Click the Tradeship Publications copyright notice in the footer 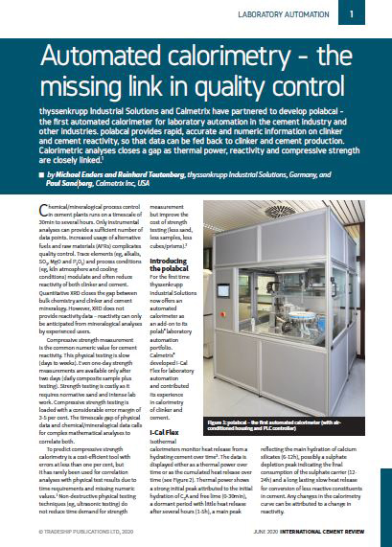[x=84, y=528]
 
